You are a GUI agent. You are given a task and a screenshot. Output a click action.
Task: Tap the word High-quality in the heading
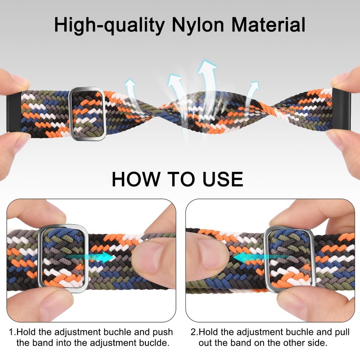tap(109, 25)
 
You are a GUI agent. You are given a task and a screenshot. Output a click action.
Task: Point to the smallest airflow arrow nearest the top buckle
tap(130, 88)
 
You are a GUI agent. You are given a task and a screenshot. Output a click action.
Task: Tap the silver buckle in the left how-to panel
tap(63, 259)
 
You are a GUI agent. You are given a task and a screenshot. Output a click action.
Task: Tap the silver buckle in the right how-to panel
tap(282, 258)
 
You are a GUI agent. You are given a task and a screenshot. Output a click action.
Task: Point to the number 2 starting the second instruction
tap(193, 333)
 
